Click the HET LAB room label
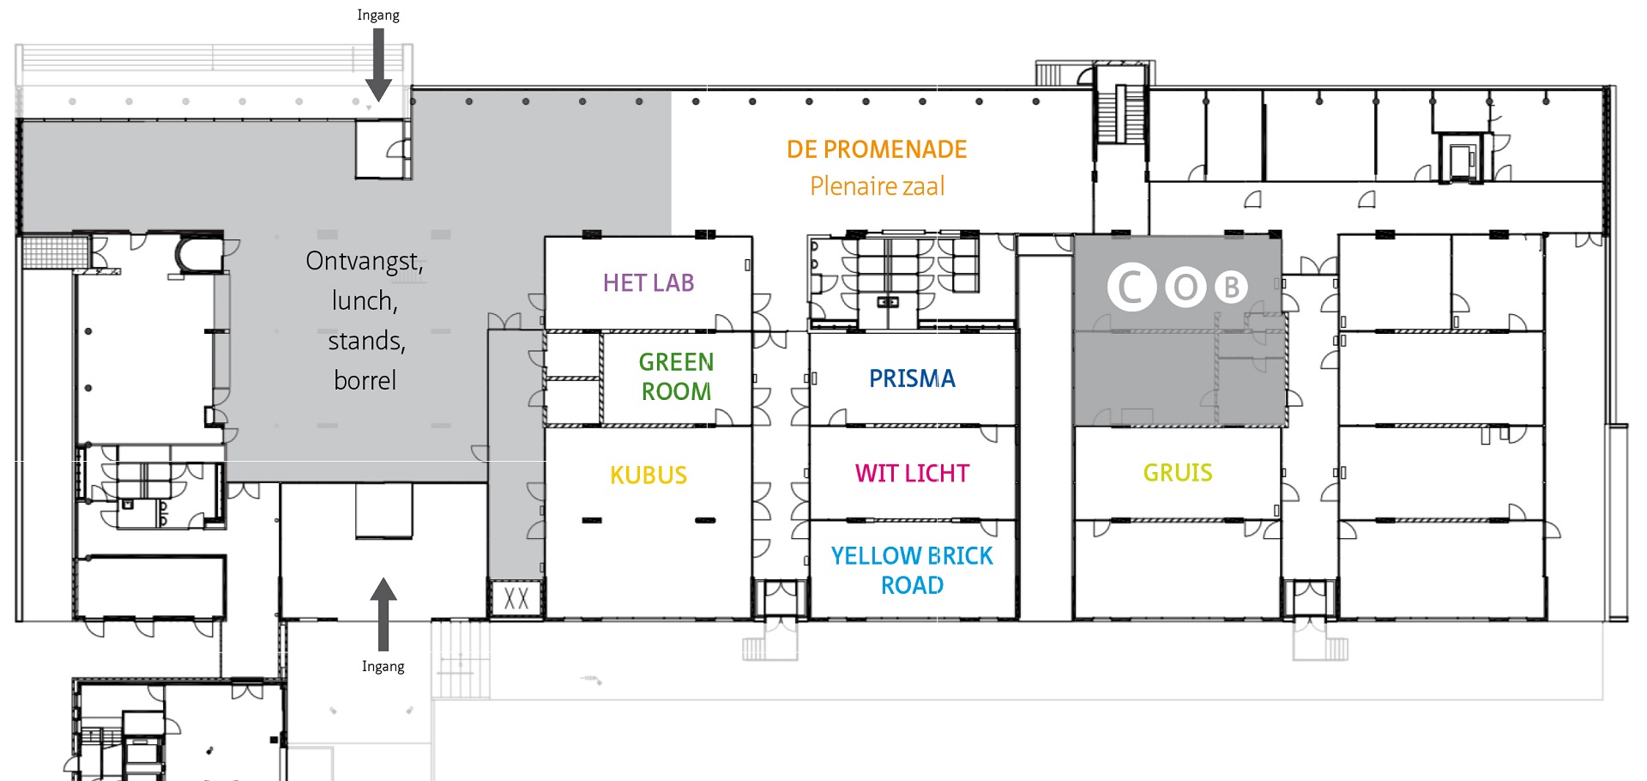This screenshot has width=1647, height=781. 649,283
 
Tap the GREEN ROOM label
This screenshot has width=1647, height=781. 676,377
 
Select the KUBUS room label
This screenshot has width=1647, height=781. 649,475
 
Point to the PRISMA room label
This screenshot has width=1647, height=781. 912,378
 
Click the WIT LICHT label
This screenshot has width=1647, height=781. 912,473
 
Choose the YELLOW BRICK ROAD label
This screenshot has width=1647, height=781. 912,571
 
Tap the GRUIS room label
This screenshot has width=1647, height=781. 1178,473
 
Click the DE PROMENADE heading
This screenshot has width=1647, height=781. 877,149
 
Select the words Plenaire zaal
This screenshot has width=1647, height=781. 877,186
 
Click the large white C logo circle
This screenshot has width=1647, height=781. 1132,287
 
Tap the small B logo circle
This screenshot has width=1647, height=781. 1231,288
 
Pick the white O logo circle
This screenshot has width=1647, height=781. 1185,288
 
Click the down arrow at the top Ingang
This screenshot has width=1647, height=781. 378,65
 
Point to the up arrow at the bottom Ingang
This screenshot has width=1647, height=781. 383,615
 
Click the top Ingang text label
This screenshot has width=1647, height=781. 378,15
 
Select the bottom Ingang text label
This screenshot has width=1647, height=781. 383,667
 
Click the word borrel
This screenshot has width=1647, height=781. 365,380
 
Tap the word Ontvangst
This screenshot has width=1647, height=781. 363,262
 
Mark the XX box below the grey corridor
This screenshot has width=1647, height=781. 516,598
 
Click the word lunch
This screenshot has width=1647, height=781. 364,301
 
